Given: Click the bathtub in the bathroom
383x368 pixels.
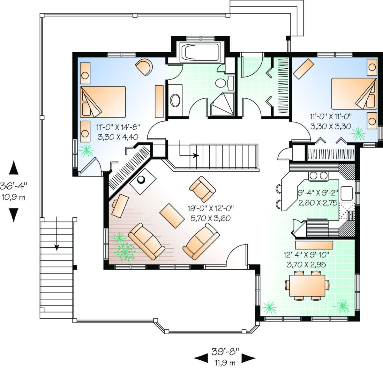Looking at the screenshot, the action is (199, 52).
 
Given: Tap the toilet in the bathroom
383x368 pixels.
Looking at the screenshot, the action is (224, 83).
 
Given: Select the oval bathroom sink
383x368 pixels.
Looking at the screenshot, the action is (175, 100).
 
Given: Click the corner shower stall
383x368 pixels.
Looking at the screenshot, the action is (222, 104).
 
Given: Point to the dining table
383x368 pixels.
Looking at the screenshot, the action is (307, 286).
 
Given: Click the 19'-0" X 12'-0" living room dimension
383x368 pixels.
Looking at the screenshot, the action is (211, 208).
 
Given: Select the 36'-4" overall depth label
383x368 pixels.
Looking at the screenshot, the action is (13, 186).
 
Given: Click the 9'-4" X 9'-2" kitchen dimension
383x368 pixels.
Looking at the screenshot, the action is (318, 193).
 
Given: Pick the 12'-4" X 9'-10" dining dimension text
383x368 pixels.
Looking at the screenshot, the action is (306, 255).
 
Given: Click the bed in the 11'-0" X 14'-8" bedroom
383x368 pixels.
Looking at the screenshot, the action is (103, 102).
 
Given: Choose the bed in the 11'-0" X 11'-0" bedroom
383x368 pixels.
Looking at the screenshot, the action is (354, 94).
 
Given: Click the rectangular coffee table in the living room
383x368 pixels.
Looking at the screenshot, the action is (172, 216).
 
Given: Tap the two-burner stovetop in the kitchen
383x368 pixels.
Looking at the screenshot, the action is (318, 176).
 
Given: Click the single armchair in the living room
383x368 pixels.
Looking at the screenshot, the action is (202, 189).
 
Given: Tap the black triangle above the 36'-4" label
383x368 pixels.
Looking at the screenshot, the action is (14, 168).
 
